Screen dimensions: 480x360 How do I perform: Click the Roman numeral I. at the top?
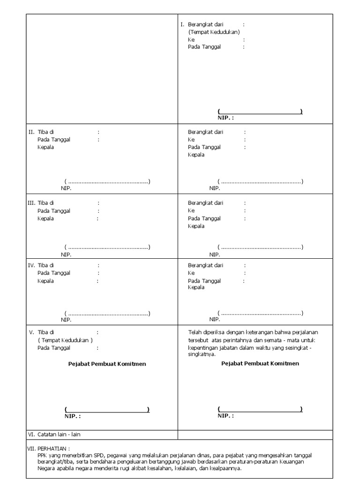(182, 24)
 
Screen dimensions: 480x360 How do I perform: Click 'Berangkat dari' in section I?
(205, 24)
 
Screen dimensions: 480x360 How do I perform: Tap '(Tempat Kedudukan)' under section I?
(214, 32)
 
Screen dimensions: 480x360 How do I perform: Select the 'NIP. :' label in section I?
(225, 118)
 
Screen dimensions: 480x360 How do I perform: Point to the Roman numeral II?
(32, 132)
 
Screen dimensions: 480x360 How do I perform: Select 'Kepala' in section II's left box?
(46, 147)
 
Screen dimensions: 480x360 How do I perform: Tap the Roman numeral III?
(31, 203)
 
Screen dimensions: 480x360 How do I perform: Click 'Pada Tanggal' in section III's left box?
(54, 211)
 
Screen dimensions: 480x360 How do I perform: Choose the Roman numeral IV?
(31, 265)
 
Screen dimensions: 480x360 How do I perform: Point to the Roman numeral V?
(31, 332)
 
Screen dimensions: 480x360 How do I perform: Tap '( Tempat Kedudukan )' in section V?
(65, 340)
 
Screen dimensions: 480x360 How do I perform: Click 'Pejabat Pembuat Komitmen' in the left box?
(107, 364)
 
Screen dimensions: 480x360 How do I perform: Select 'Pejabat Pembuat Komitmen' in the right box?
(260, 363)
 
